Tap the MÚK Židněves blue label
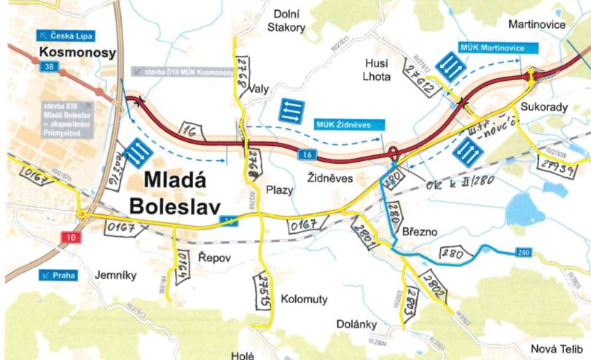click(343, 124)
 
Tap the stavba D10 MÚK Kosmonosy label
click(182, 72)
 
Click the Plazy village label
click(280, 190)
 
